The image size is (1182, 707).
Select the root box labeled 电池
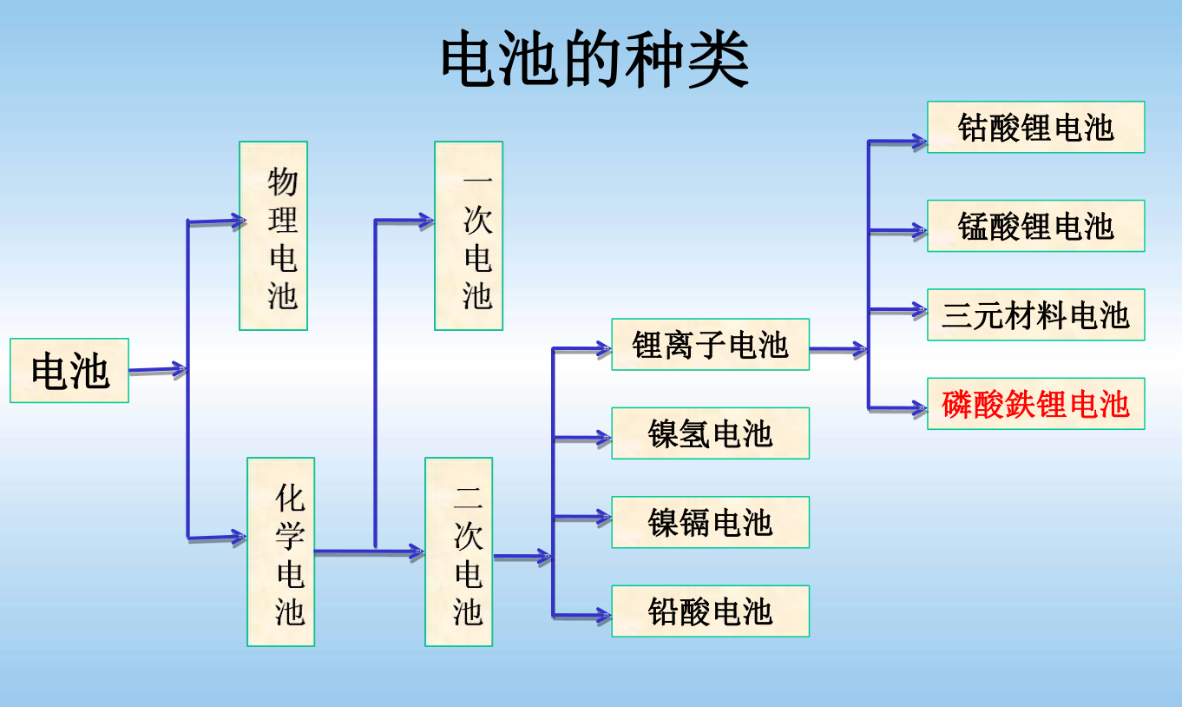pyautogui.click(x=69, y=371)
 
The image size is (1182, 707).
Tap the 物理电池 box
pyautogui.click(x=273, y=235)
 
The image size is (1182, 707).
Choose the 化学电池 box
pyautogui.click(x=280, y=552)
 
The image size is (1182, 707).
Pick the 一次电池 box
pyautogui.click(x=469, y=235)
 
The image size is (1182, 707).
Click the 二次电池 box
pyautogui.click(x=458, y=552)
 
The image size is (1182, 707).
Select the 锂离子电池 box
pyautogui.click(x=710, y=345)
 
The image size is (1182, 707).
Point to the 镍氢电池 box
pyautogui.click(x=710, y=433)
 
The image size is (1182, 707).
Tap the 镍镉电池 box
pyautogui.click(x=710, y=522)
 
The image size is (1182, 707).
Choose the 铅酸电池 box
pyautogui.click(x=710, y=611)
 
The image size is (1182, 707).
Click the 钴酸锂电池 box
pyautogui.click(x=1035, y=128)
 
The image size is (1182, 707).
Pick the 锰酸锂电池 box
pyautogui.click(x=1035, y=226)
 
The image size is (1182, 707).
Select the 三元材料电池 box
pyautogui.click(x=1035, y=314)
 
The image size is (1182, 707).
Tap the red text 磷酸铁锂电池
pyautogui.click(x=1035, y=404)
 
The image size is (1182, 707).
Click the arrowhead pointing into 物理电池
pyautogui.click(x=234, y=221)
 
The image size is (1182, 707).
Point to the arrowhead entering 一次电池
pyautogui.click(x=426, y=221)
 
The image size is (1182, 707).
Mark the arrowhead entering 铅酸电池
pyautogui.click(x=603, y=616)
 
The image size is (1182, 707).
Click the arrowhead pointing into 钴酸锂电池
pyautogui.click(x=918, y=141)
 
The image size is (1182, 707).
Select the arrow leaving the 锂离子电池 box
pyautogui.click(x=837, y=349)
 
